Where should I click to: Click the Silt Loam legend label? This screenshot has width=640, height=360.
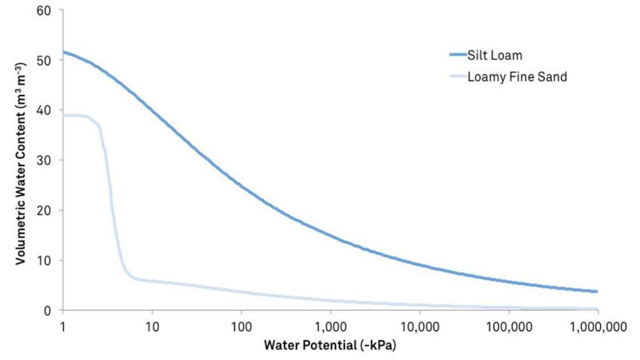coord(494,55)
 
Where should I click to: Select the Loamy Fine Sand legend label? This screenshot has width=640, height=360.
coord(517,77)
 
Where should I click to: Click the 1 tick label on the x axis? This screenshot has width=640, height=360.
coord(62,326)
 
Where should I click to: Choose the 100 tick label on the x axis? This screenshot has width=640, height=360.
coord(241,326)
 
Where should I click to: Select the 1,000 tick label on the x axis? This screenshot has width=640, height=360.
coord(330,326)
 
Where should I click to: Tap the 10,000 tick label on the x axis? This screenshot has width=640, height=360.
coord(419,326)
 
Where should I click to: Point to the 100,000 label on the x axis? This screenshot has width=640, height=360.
coord(509,326)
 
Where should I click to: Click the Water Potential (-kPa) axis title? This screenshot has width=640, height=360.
coord(330,345)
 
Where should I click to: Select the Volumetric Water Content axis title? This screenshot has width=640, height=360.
coord(21,161)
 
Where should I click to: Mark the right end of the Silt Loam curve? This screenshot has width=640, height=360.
coord(597,291)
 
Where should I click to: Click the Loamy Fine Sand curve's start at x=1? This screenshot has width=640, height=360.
coord(64,115)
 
